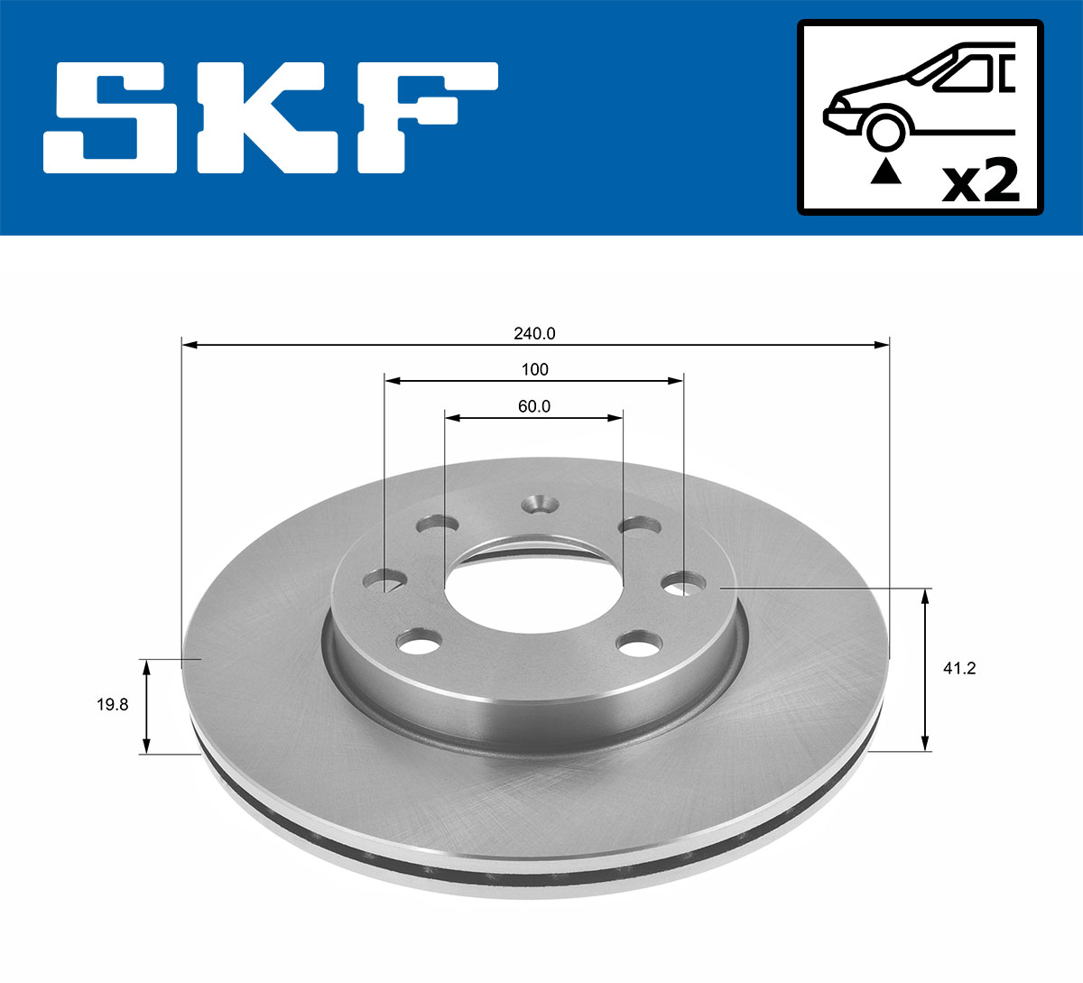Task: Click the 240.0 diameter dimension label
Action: click(x=534, y=333)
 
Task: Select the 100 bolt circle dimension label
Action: click(x=534, y=369)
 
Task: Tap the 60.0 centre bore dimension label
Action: click(x=534, y=406)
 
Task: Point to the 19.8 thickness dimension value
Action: click(x=113, y=705)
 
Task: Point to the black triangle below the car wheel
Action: click(x=886, y=172)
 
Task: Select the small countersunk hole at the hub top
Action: click(x=541, y=504)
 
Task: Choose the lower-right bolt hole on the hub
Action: click(x=638, y=645)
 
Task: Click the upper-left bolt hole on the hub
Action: click(x=437, y=525)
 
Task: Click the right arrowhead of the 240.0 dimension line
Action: click(x=884, y=344)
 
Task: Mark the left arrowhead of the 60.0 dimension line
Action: click(x=452, y=417)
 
